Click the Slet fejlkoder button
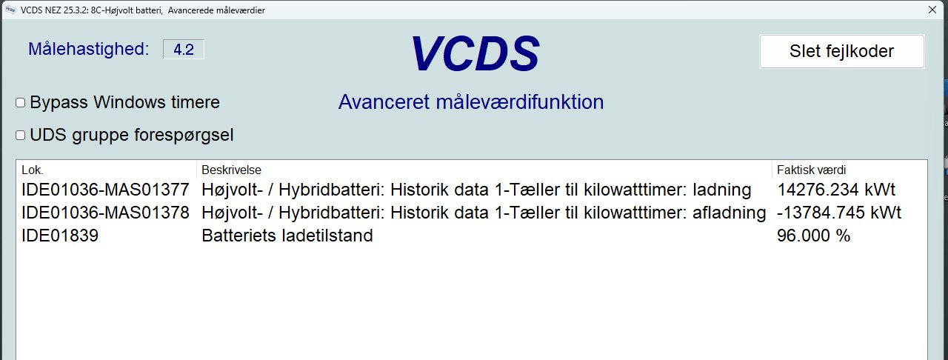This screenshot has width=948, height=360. click(842, 51)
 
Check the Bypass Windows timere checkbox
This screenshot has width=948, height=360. click(20, 102)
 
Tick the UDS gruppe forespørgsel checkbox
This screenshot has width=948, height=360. click(20, 135)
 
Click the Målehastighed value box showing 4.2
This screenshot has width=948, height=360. click(183, 49)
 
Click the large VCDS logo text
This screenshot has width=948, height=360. click(475, 53)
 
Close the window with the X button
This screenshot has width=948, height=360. click(932, 10)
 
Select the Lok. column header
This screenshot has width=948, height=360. click(33, 170)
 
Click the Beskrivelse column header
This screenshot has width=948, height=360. click(231, 170)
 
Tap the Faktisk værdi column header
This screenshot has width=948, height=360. click(811, 170)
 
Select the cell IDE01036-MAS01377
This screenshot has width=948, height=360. click(105, 190)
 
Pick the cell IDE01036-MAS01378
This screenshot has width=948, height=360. click(105, 212)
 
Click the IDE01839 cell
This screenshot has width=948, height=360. click(60, 236)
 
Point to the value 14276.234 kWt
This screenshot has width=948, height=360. click(836, 190)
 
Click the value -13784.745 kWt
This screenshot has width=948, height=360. click(839, 212)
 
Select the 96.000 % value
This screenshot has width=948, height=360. click(813, 236)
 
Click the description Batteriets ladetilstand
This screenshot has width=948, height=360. click(287, 236)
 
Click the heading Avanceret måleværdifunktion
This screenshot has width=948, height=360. click(471, 102)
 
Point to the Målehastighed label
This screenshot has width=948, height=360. click(88, 49)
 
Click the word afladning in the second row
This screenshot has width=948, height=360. click(730, 212)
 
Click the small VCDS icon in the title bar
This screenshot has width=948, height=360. click(10, 10)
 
